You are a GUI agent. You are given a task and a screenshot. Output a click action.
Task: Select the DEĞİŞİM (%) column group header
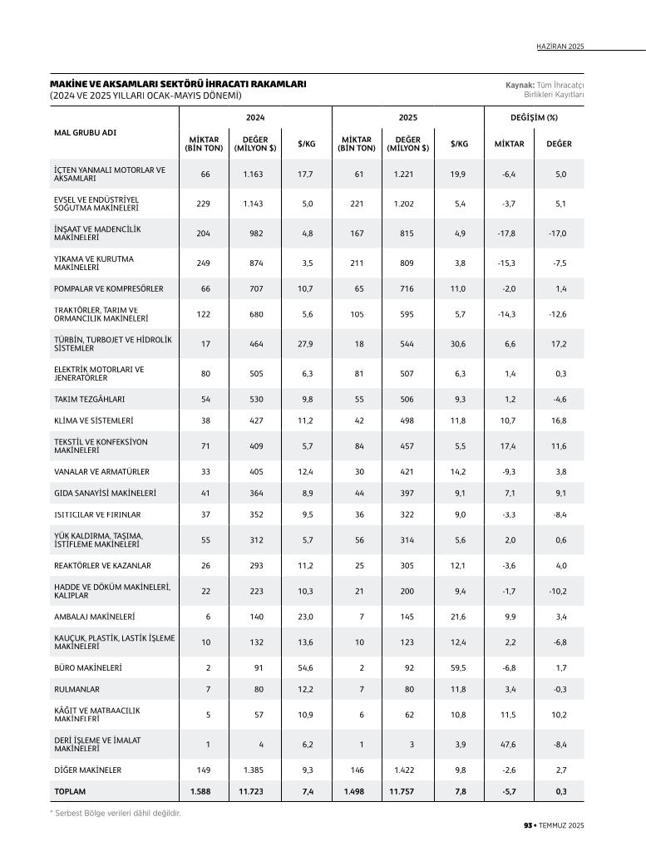[x=534, y=118]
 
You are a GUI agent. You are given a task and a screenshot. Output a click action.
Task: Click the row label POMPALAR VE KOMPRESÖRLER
[x=109, y=289]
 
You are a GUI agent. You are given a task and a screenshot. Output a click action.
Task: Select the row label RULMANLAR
[x=76, y=689]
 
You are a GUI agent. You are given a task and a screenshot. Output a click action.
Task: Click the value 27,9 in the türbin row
[x=306, y=344]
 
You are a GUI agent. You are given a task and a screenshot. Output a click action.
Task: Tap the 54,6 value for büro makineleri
[x=306, y=667]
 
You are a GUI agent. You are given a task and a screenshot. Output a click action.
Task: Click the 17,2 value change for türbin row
[x=559, y=344]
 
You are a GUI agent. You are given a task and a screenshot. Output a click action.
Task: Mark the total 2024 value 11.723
[x=251, y=792]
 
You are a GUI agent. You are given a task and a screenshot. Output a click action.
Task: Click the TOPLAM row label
[x=70, y=792]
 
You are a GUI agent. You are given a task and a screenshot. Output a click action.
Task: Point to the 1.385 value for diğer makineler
[x=253, y=770]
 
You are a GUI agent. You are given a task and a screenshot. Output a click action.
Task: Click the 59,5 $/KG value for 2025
[x=458, y=667]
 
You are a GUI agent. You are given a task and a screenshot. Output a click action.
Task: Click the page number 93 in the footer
[x=527, y=825]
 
